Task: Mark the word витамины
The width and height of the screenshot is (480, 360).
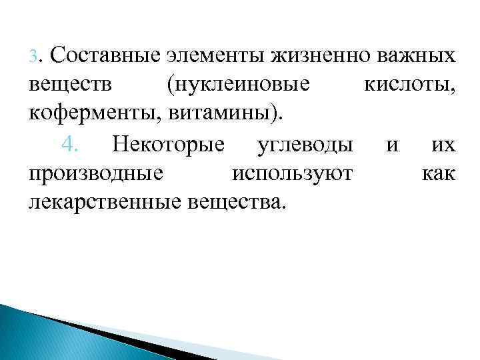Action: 210,115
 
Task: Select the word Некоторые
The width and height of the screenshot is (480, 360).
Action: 170,143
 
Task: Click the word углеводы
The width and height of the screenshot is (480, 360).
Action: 305,143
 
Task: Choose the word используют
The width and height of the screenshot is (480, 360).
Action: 292,173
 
